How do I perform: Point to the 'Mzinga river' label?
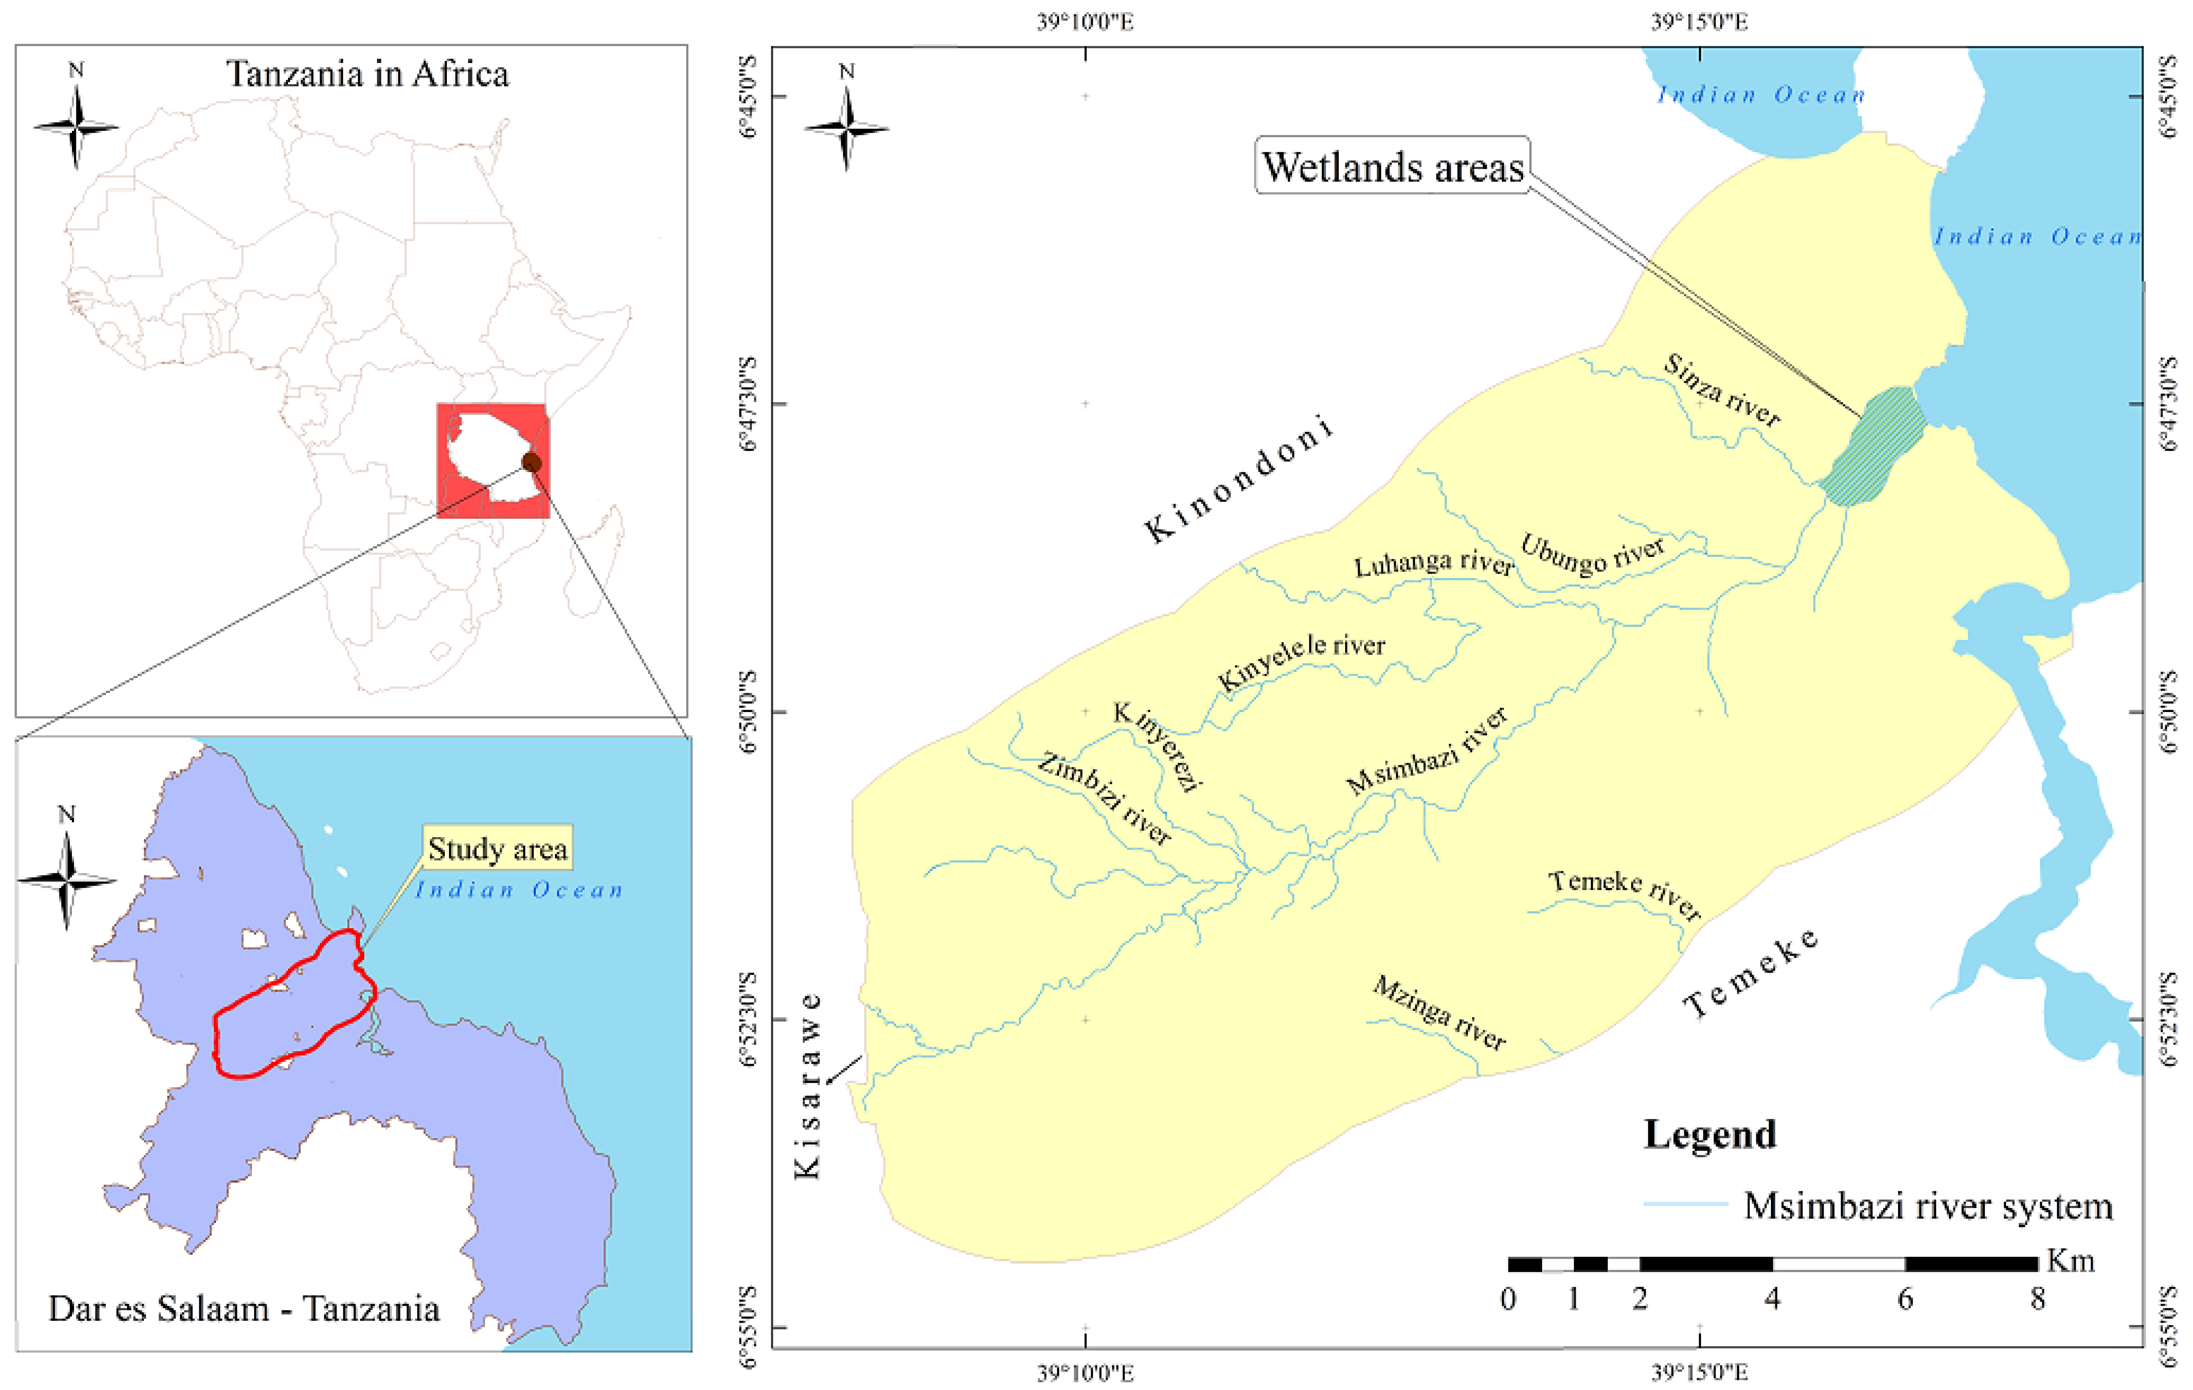point(1439,1012)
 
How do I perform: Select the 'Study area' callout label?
point(497,849)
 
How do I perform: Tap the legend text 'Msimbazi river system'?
point(1927,1205)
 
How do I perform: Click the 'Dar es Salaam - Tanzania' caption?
point(244,1308)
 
